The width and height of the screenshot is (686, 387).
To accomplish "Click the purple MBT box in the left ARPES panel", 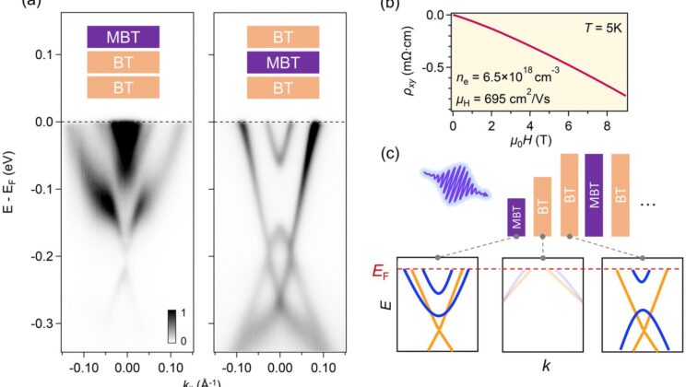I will [124, 36].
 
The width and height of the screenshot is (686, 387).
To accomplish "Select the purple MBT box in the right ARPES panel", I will [283, 62].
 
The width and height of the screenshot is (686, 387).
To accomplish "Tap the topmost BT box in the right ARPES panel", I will [283, 36].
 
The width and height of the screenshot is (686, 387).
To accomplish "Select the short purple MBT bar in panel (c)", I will [516, 217].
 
